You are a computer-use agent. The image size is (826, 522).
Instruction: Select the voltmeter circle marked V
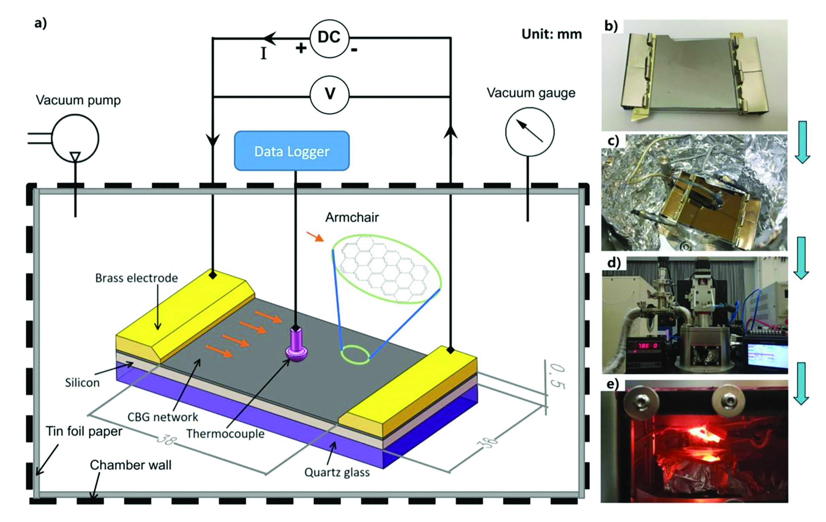point(329,95)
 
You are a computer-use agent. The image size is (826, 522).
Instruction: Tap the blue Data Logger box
point(292,151)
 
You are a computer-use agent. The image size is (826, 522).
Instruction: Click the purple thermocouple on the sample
point(296,344)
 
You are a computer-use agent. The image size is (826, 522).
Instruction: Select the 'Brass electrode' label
point(136,278)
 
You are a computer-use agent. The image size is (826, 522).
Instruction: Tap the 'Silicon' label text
point(82,383)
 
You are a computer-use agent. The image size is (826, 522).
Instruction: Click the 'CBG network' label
point(163,417)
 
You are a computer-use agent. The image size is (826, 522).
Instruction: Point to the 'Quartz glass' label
point(337,472)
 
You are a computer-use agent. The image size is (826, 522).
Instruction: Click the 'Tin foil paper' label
point(84,431)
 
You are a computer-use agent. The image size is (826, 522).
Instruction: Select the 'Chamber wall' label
point(130,465)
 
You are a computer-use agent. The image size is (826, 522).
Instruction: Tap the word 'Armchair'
point(352,217)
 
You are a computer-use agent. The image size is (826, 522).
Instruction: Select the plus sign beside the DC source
point(301,48)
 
